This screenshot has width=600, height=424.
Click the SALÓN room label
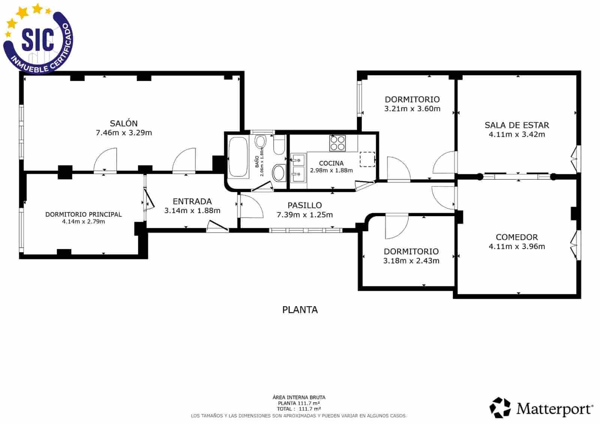[x=123, y=123]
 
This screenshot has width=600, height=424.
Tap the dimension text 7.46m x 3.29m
[x=124, y=133]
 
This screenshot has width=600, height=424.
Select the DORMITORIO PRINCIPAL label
[x=83, y=215]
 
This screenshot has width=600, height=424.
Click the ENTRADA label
[x=192, y=201]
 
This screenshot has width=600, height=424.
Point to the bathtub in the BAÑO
[x=238, y=157]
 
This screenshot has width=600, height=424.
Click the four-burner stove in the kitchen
[x=337, y=143]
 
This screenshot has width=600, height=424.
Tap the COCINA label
[x=331, y=163]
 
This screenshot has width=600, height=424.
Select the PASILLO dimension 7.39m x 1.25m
[x=304, y=215]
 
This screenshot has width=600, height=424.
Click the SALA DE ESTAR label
[x=517, y=125]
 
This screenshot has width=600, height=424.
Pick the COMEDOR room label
[x=517, y=237]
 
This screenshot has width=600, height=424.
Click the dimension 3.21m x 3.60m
[x=412, y=109]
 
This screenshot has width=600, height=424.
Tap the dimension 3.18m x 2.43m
[x=411, y=261]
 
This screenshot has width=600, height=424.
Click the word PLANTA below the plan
[x=300, y=310]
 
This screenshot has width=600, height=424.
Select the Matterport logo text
[x=554, y=409]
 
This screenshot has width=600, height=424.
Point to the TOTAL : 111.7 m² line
[x=298, y=409]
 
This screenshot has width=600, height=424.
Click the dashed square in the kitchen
[x=367, y=159]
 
